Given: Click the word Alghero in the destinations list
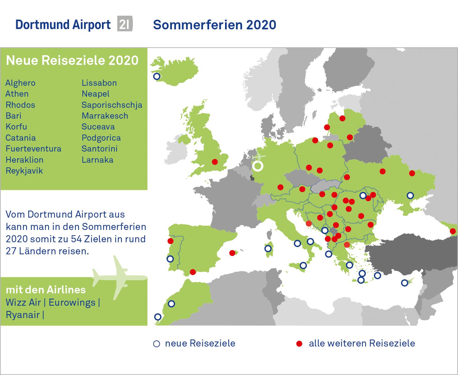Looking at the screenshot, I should (20, 83).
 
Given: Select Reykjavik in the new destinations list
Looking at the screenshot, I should (24, 171).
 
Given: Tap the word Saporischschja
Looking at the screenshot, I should (112, 105).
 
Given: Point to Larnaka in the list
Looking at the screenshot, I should (97, 160).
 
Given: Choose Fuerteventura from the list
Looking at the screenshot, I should (33, 149).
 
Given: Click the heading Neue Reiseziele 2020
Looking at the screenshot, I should (72, 60).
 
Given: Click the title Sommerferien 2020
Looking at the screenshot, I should (214, 25).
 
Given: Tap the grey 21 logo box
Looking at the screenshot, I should (125, 24).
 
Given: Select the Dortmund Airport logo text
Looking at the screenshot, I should (63, 25).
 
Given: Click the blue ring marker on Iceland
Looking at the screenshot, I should (157, 76).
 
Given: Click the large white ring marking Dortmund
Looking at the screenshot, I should (258, 166).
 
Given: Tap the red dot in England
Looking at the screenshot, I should (215, 162).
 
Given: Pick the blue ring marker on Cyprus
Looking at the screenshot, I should (405, 283).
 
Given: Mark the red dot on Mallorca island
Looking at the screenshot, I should (232, 253).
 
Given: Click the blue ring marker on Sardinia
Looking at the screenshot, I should (268, 249).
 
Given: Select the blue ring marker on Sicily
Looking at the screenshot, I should (303, 265).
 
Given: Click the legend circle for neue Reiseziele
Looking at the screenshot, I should (157, 344).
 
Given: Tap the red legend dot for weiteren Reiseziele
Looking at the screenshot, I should (299, 344).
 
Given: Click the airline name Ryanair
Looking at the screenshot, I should (23, 315).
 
